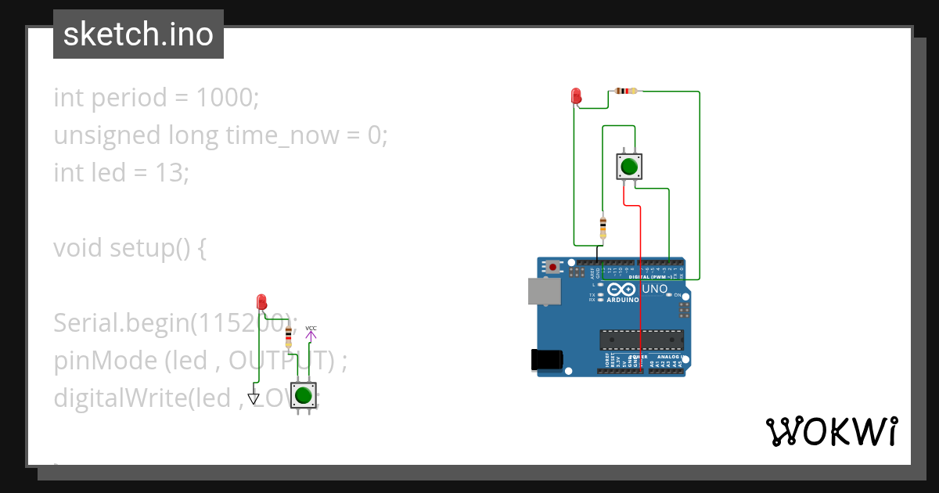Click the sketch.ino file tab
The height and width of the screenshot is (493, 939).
(x=139, y=34)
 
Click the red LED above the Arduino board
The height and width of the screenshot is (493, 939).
(x=577, y=96)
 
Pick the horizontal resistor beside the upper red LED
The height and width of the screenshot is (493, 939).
(x=626, y=91)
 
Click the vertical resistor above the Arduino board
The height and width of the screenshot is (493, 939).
(x=603, y=227)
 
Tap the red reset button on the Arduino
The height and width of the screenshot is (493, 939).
(x=554, y=267)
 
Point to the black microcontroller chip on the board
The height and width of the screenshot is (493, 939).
(x=641, y=340)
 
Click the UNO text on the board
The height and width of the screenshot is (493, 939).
(x=654, y=290)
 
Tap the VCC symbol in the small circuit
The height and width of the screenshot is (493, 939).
(x=311, y=333)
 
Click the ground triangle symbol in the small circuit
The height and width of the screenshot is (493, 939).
(x=254, y=398)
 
